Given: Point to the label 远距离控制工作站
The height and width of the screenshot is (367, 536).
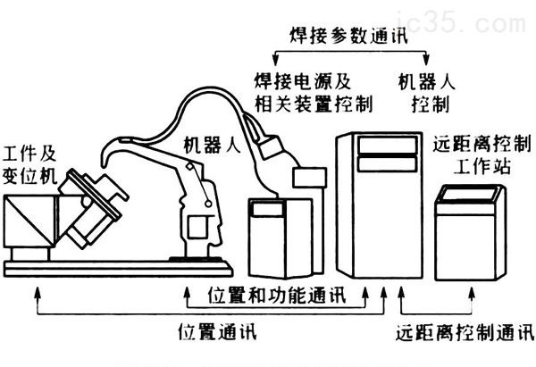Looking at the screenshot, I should (x=482, y=154).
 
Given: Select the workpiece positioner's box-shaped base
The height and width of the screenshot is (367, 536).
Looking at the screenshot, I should (x=29, y=223).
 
